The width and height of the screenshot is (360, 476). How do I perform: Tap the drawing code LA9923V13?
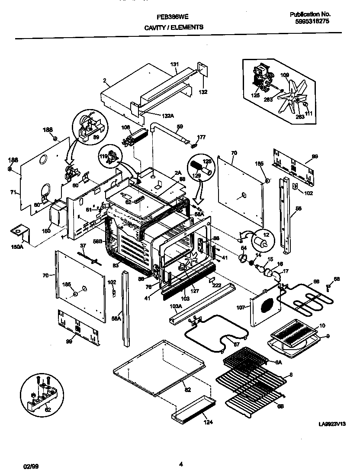point(334,425)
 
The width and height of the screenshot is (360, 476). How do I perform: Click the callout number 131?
point(174,64)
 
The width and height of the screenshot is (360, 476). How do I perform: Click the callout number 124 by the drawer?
point(208,423)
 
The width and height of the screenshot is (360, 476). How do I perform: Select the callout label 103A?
point(175,306)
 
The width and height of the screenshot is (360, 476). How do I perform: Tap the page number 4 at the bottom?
point(181,465)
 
